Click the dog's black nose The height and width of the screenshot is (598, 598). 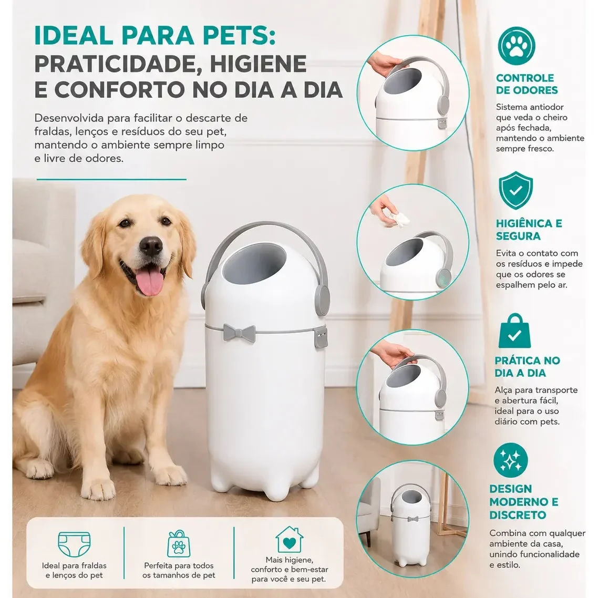pos(151,245)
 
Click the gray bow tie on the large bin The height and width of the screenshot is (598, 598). pos(239,333)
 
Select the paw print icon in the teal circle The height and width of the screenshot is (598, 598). pos(517,45)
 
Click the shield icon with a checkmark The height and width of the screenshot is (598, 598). pos(515,190)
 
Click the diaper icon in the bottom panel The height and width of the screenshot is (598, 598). pos(74,544)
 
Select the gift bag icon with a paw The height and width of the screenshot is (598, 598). pos(179,543)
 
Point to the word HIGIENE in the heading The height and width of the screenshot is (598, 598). pos(258,64)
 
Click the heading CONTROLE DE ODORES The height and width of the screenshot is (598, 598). pos(527,84)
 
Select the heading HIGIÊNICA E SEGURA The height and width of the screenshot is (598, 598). pos(529,230)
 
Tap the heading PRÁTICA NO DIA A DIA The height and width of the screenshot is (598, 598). pos(527,366)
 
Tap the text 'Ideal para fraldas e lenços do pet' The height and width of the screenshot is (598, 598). pos(74,570)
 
